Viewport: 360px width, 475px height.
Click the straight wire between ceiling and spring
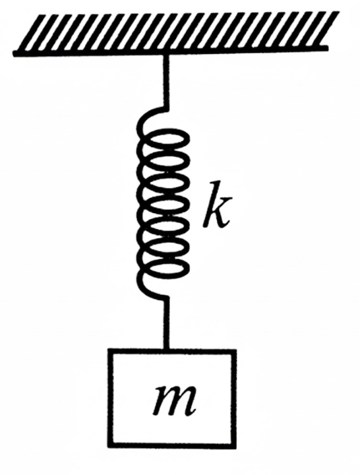point(166,81)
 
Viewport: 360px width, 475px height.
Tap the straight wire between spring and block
point(166,323)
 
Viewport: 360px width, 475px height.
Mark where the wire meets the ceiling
point(166,55)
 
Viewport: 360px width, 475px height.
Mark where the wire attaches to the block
point(166,350)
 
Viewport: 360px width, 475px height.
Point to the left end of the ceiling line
point(14,54)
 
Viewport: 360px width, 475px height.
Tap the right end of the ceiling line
point(328,47)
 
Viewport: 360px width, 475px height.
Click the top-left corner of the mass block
point(110,352)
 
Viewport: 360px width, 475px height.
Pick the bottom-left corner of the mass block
point(110,445)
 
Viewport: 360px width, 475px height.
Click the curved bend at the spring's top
point(145,117)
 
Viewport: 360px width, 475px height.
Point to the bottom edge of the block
point(172,445)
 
